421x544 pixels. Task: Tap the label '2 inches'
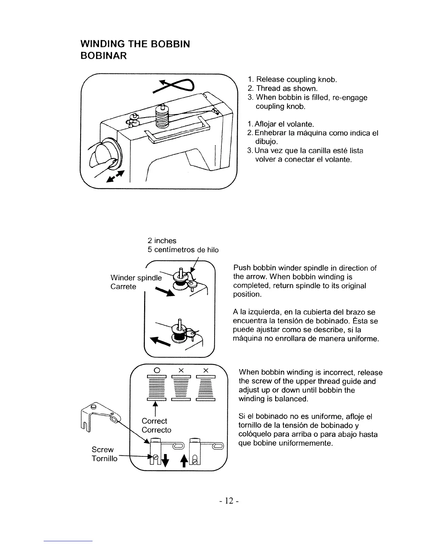click(162, 241)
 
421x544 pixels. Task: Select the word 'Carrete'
click(123, 287)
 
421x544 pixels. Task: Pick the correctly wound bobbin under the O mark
click(157, 388)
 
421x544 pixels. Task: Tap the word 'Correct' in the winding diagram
click(154, 421)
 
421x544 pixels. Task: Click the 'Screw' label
click(102, 450)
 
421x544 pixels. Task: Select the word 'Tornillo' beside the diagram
click(105, 458)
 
